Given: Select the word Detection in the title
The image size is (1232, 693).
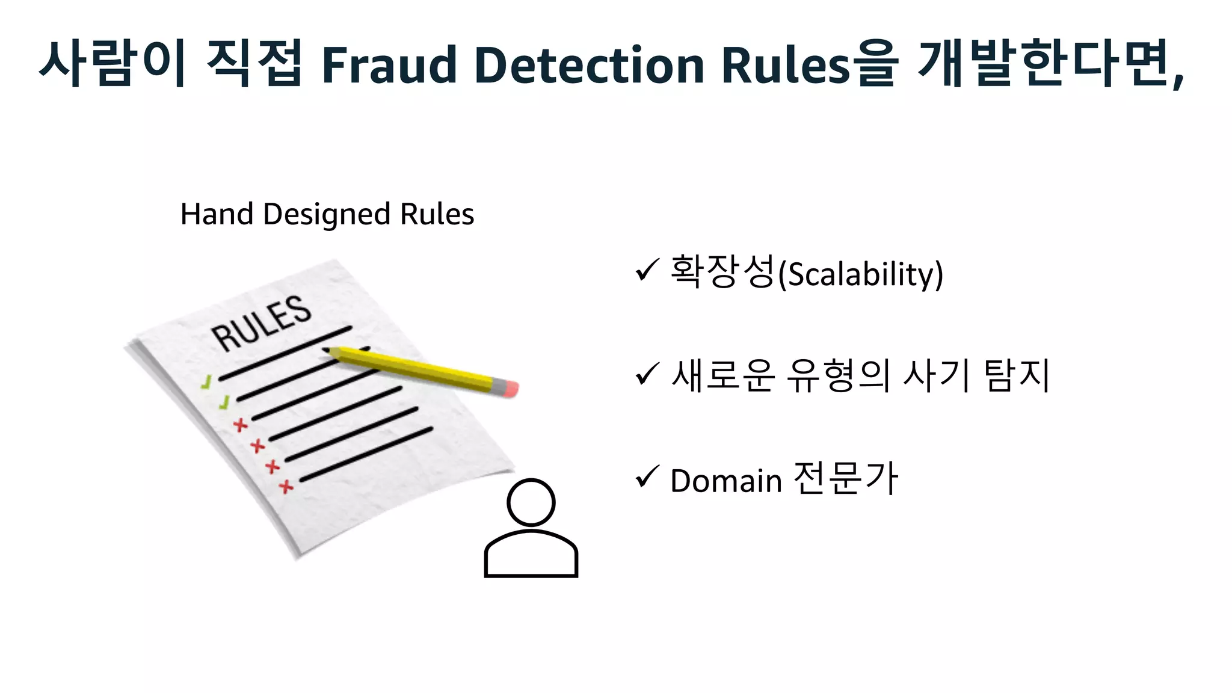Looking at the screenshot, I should tap(589, 65).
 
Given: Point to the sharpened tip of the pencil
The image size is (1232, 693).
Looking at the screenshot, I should tap(328, 350).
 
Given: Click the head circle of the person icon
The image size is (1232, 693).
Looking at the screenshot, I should tap(531, 502).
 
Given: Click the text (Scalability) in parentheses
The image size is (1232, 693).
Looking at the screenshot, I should tap(860, 274).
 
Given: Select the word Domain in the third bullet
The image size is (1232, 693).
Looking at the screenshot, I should tap(725, 481).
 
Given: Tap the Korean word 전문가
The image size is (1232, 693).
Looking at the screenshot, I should tap(845, 479).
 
